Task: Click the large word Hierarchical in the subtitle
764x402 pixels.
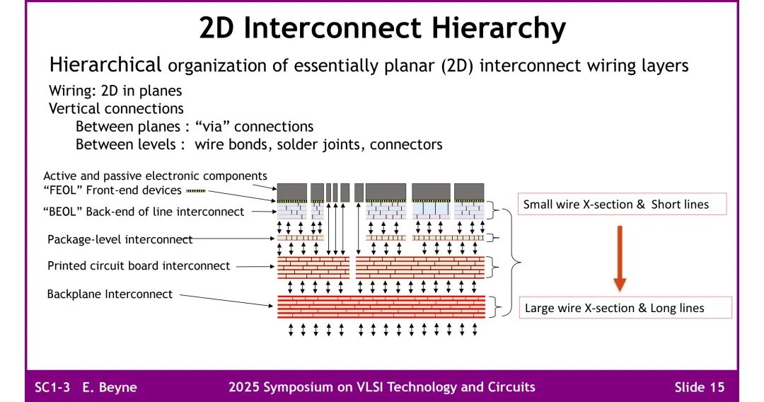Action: coord(105,65)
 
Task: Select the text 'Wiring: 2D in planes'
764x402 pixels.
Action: coord(115,91)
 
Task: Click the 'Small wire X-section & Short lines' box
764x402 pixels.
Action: coord(615,205)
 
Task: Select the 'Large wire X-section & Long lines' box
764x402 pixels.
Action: coord(615,308)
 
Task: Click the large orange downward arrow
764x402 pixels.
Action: coord(620,258)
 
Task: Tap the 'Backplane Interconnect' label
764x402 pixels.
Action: coord(110,294)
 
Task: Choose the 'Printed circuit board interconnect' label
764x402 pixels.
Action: coord(139,266)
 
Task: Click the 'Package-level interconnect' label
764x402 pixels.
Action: coord(120,239)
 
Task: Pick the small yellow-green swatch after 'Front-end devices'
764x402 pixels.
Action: coord(195,190)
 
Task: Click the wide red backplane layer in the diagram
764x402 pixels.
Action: coord(381,306)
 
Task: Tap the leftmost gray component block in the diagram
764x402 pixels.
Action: coord(291,191)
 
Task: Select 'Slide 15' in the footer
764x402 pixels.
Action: coord(699,387)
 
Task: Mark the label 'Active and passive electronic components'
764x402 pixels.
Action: coord(155,176)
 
